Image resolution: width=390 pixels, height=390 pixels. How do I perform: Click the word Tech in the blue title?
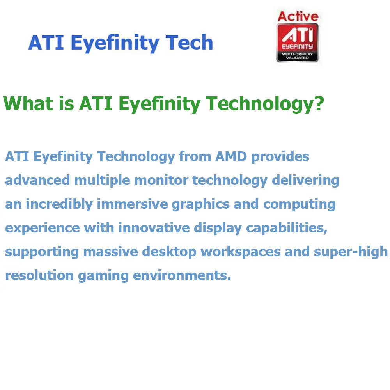click(x=189, y=43)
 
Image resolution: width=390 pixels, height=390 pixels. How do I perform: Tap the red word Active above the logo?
click(x=298, y=16)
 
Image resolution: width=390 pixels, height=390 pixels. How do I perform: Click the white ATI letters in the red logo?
click(x=298, y=35)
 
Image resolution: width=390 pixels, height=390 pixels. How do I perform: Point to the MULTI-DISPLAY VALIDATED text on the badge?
click(x=297, y=56)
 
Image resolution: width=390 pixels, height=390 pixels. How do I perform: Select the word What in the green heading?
click(x=28, y=103)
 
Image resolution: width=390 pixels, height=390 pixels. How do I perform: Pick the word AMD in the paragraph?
click(x=231, y=156)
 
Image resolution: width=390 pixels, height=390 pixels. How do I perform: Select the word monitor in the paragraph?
click(x=161, y=180)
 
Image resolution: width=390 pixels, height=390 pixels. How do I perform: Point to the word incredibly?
click(x=59, y=204)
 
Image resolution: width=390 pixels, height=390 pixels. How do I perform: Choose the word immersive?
click(x=132, y=204)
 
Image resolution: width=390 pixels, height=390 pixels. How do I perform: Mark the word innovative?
click(x=154, y=228)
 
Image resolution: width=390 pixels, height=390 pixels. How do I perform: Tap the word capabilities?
click(x=287, y=228)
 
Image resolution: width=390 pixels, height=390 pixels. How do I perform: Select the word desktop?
click(x=169, y=252)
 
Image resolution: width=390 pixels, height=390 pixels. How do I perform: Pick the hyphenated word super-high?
click(x=351, y=252)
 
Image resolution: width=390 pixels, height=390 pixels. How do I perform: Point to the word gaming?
click(x=103, y=276)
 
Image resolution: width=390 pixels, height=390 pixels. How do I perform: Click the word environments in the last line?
click(x=182, y=276)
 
